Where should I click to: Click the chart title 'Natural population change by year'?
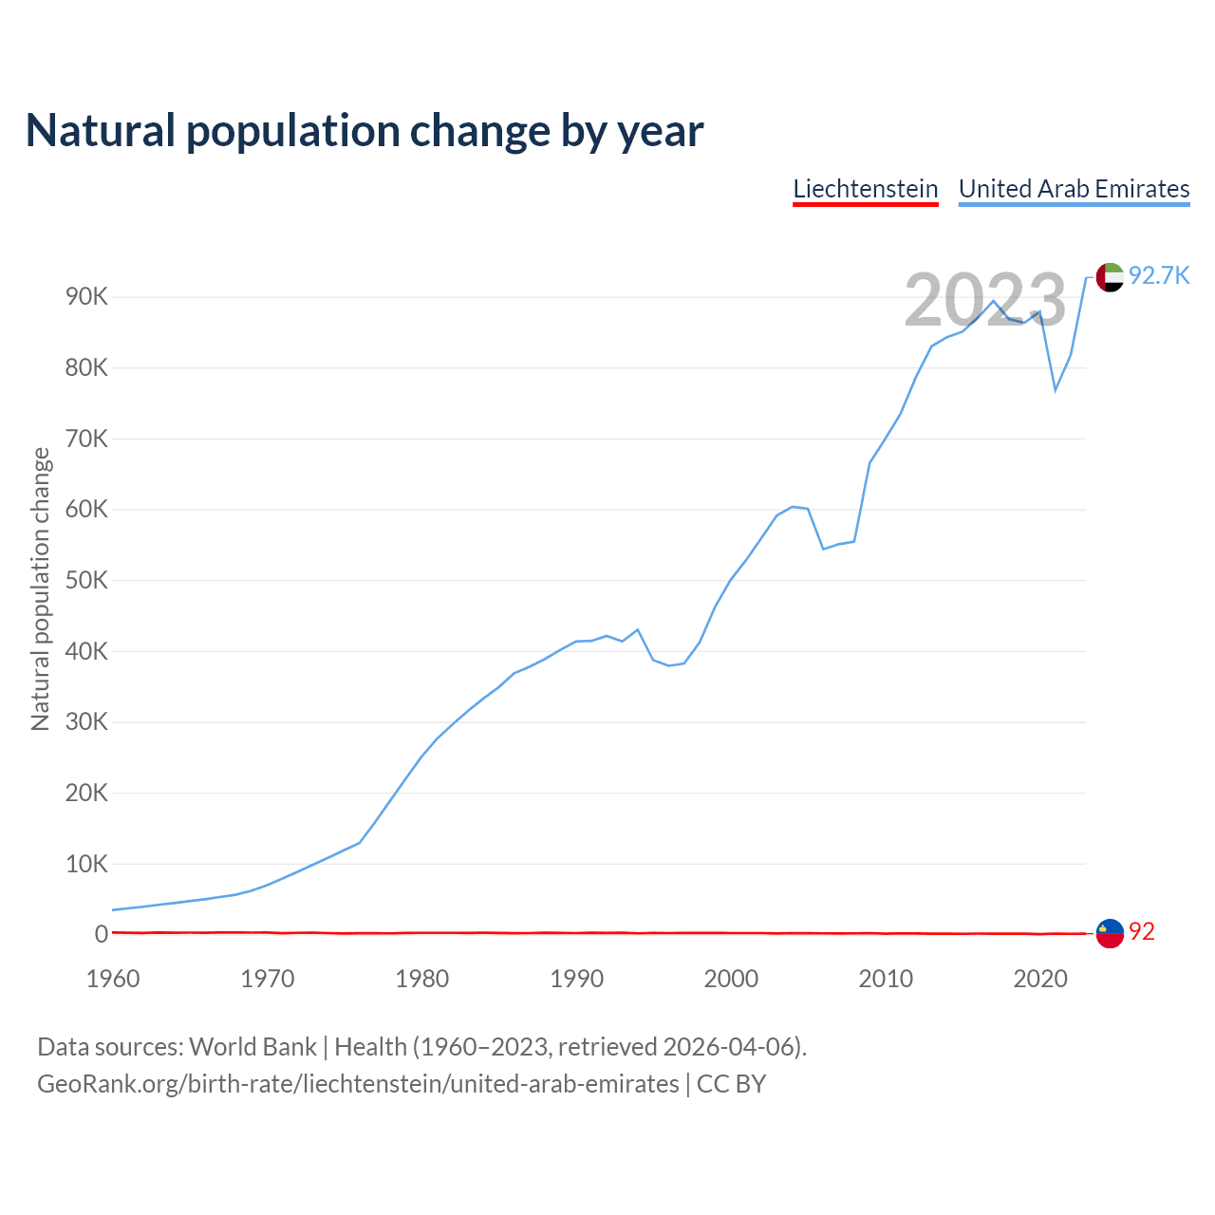[364, 131]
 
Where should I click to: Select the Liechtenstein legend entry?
[866, 189]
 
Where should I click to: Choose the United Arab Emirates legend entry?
[1074, 189]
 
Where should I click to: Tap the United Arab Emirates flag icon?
[1110, 277]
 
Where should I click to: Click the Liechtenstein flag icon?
[1110, 933]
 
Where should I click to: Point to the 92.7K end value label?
[1159, 276]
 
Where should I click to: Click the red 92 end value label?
[1142, 932]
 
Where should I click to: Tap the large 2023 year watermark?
[985, 301]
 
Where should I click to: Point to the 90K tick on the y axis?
[87, 297]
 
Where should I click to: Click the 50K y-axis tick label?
[87, 580]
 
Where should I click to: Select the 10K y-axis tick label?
[87, 864]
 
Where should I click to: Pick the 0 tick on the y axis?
[102, 934]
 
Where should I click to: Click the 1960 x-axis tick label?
[113, 979]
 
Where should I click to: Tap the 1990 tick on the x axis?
[577, 979]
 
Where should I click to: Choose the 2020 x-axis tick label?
[1040, 979]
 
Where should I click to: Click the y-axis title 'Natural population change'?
[41, 589]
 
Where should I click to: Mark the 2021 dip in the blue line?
[1056, 390]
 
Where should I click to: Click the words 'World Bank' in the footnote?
[252, 1047]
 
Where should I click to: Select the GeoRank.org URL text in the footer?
[358, 1084]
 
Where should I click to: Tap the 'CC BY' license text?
[731, 1084]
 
